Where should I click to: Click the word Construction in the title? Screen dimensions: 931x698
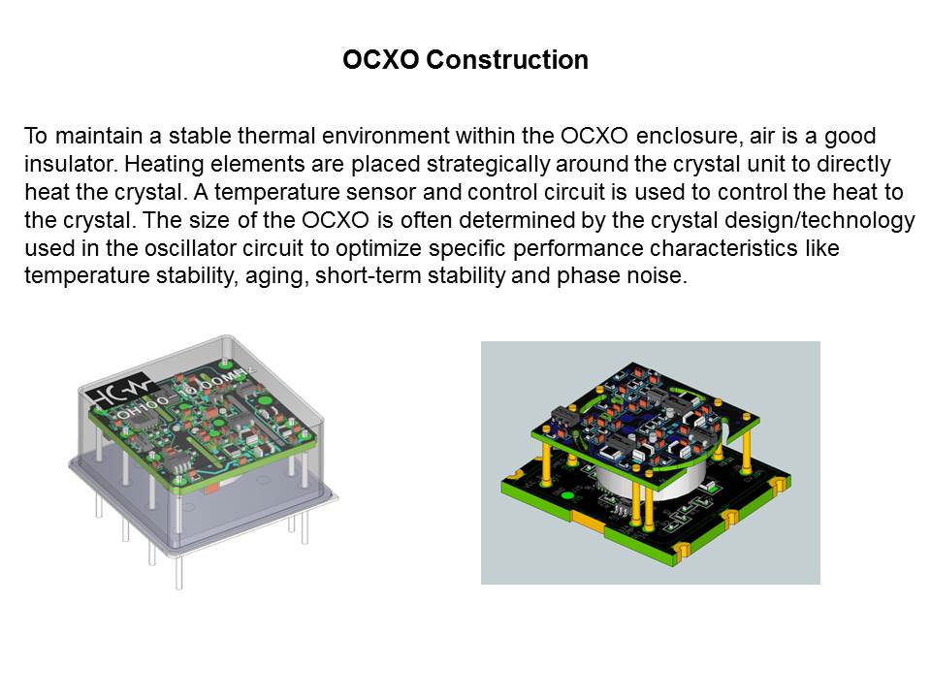(x=507, y=60)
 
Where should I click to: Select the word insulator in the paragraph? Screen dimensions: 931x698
(x=70, y=164)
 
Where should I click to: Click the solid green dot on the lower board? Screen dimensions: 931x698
(x=567, y=496)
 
